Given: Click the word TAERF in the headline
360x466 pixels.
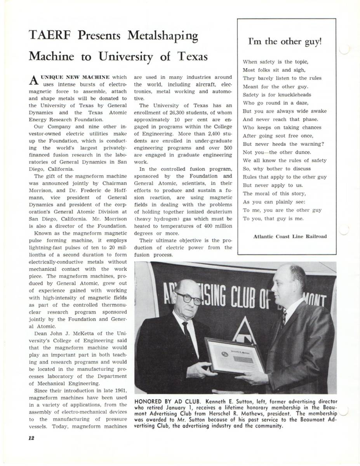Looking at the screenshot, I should [50, 36].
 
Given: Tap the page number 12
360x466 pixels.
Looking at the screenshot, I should [31, 438].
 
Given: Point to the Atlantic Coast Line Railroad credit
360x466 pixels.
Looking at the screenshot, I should [290, 236].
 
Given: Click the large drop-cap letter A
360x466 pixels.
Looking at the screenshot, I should [33, 80].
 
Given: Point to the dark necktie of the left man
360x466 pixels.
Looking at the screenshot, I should [188, 332].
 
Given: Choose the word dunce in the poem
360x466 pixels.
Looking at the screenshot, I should [303, 152].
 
